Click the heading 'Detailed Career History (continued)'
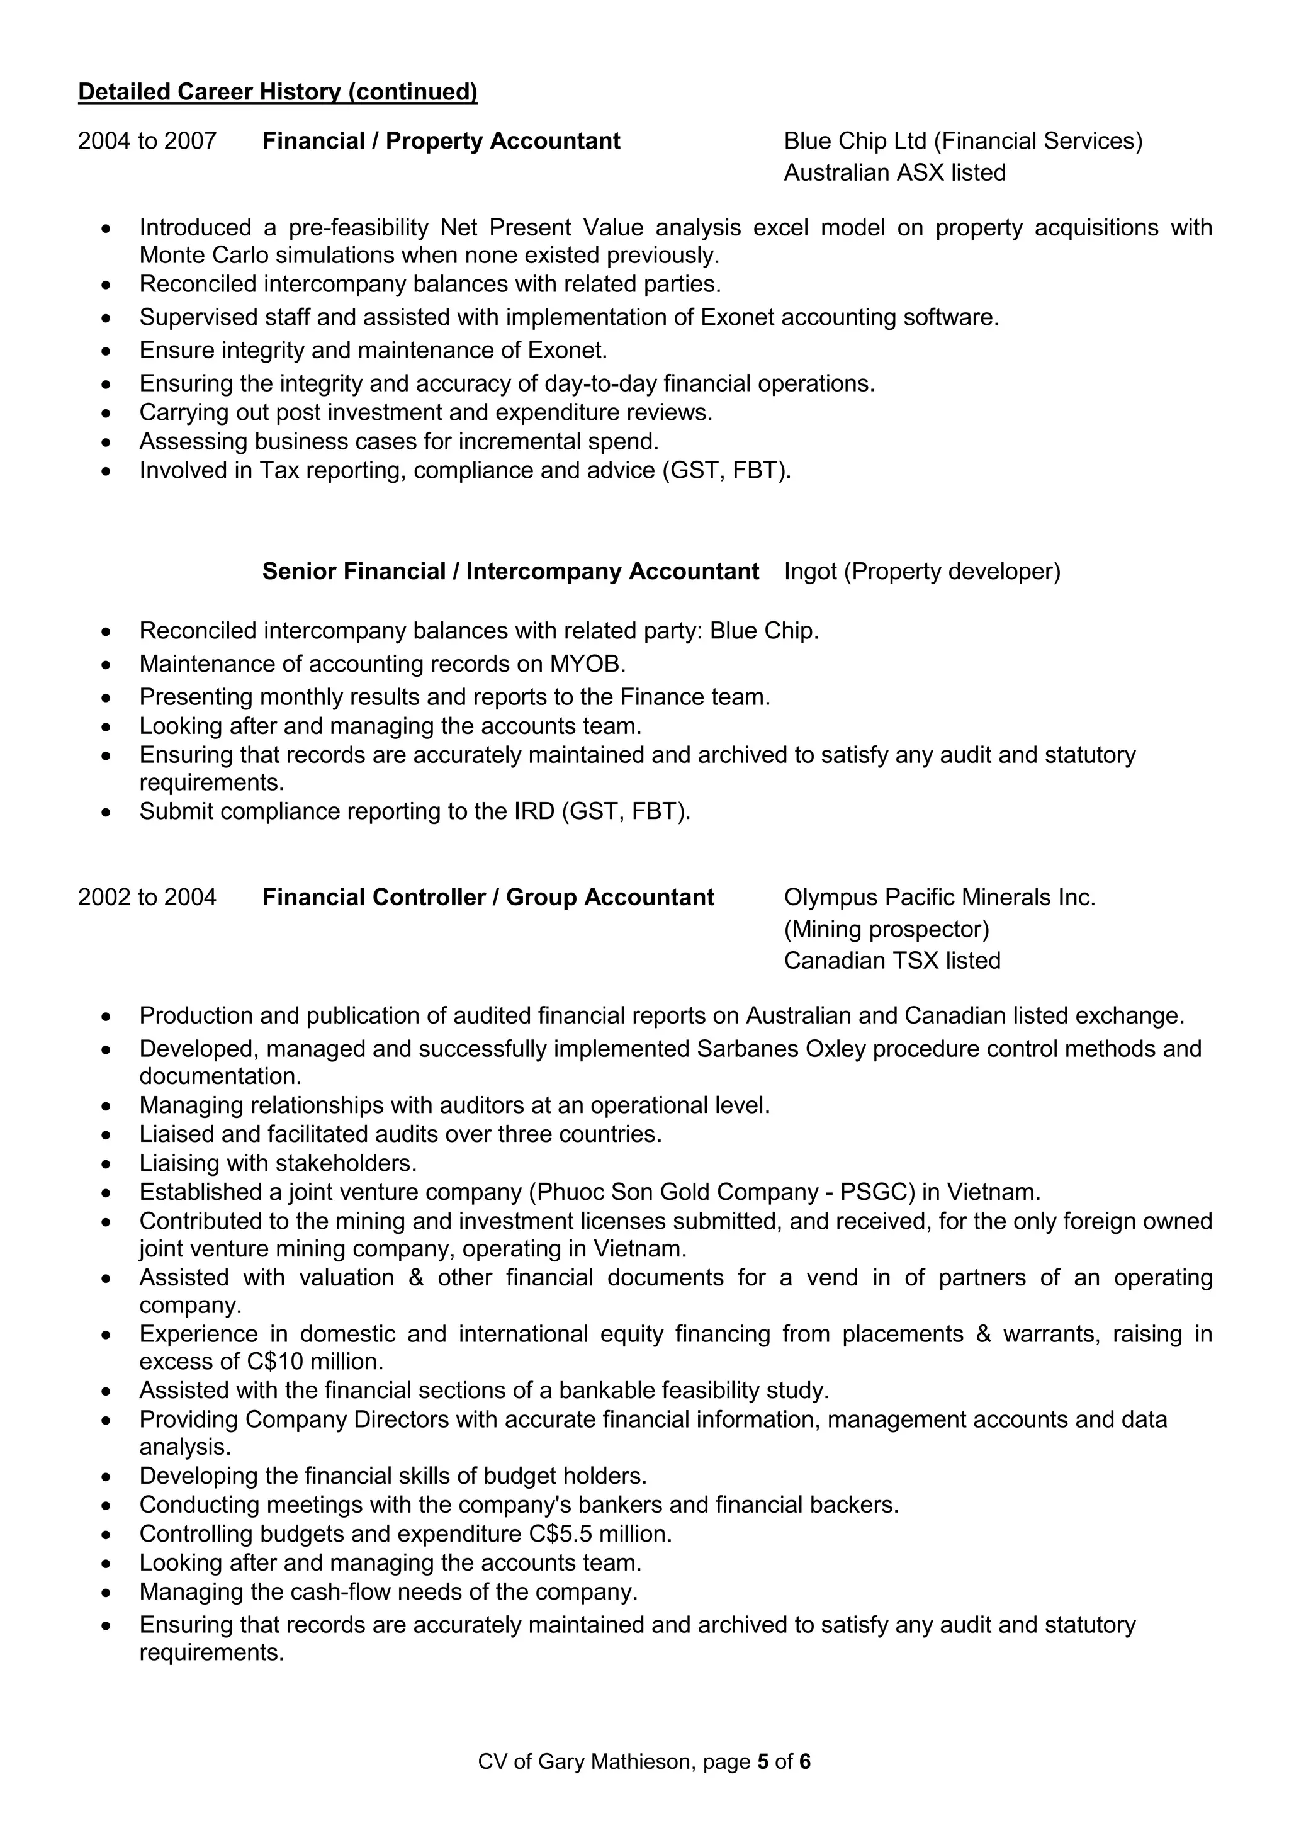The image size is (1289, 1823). coord(277,92)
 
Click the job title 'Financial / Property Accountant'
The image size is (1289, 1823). coord(441,142)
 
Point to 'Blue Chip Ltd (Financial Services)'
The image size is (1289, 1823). coord(963,142)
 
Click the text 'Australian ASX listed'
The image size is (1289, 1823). coord(894,173)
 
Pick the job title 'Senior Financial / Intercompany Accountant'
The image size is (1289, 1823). coord(510,572)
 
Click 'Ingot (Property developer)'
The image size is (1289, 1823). coord(921,572)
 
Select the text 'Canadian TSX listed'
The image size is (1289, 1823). coord(892,961)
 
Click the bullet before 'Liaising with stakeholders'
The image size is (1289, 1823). coord(106,1165)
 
